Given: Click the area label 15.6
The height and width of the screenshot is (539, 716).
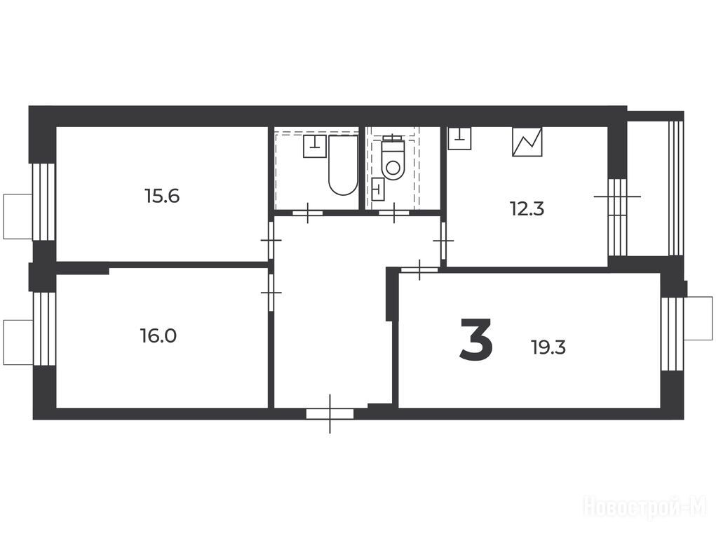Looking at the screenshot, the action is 162,197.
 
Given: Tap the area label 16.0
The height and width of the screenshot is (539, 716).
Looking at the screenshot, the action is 158,336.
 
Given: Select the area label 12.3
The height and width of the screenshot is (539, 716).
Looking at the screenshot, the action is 527,209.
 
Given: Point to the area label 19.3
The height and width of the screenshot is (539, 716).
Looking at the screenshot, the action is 548,348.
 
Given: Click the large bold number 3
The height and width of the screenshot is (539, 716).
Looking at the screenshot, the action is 476,339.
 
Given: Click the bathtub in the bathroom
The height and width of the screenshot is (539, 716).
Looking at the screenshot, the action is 344,165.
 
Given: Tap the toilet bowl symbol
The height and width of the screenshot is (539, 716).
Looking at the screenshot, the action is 393,159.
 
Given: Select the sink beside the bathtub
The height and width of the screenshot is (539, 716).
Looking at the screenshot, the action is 315,146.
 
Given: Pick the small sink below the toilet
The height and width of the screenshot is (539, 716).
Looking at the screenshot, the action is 378,189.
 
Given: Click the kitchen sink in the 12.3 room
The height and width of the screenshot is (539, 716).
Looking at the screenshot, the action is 460,138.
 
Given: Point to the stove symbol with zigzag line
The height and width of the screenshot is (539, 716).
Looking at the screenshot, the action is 527,142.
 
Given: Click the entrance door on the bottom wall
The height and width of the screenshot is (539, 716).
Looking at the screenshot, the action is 330,414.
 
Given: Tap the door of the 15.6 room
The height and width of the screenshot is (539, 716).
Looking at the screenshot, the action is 271,240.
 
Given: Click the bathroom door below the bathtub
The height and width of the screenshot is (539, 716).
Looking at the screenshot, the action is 308,213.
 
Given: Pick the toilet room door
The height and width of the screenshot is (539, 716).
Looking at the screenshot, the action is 394,213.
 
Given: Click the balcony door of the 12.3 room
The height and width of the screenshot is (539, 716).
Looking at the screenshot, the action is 617,217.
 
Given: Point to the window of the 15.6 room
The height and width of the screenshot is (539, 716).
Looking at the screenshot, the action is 43,201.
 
